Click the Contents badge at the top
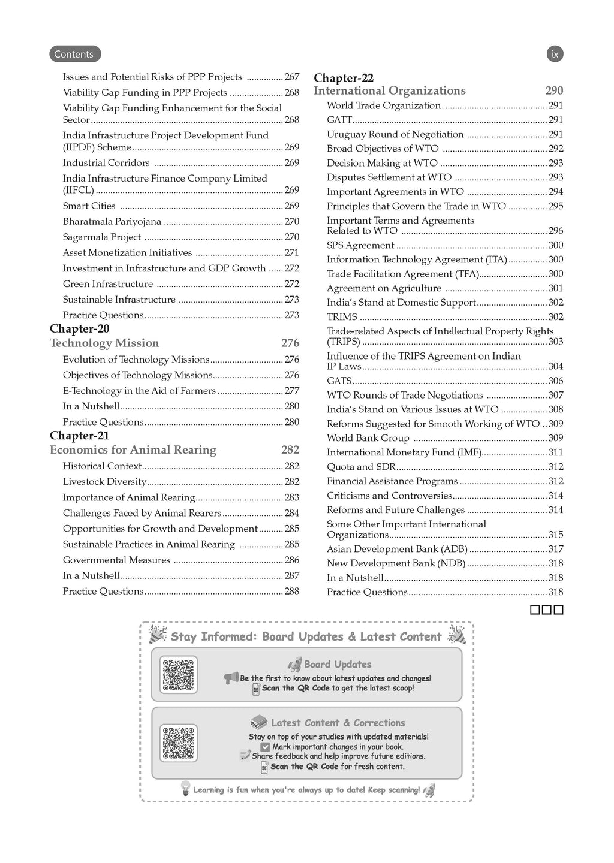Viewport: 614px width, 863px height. [x=74, y=54]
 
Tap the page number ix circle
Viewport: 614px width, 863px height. [x=555, y=54]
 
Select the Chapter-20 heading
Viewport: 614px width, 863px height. [x=80, y=328]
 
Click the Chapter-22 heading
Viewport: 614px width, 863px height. [x=344, y=78]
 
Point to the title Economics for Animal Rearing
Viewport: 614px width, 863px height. [x=133, y=450]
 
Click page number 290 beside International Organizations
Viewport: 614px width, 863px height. [x=554, y=91]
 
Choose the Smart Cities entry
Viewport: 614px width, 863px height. [x=89, y=206]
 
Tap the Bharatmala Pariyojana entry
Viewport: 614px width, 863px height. [x=112, y=222]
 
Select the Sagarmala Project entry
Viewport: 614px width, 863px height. [x=102, y=237]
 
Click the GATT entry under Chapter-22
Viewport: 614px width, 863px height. [x=339, y=120]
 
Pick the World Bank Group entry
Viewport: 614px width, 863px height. [x=368, y=438]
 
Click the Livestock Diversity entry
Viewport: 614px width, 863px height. [x=104, y=482]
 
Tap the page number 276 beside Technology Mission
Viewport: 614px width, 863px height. [x=290, y=343]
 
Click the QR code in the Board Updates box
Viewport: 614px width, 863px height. [x=179, y=675]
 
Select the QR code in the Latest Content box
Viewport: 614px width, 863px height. [x=179, y=743]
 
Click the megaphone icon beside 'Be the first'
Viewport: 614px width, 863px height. [x=231, y=678]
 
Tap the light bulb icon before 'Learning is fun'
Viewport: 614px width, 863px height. [x=186, y=789]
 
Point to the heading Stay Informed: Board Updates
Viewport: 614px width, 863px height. [x=306, y=637]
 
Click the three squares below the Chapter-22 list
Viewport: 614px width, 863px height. [x=547, y=611]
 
